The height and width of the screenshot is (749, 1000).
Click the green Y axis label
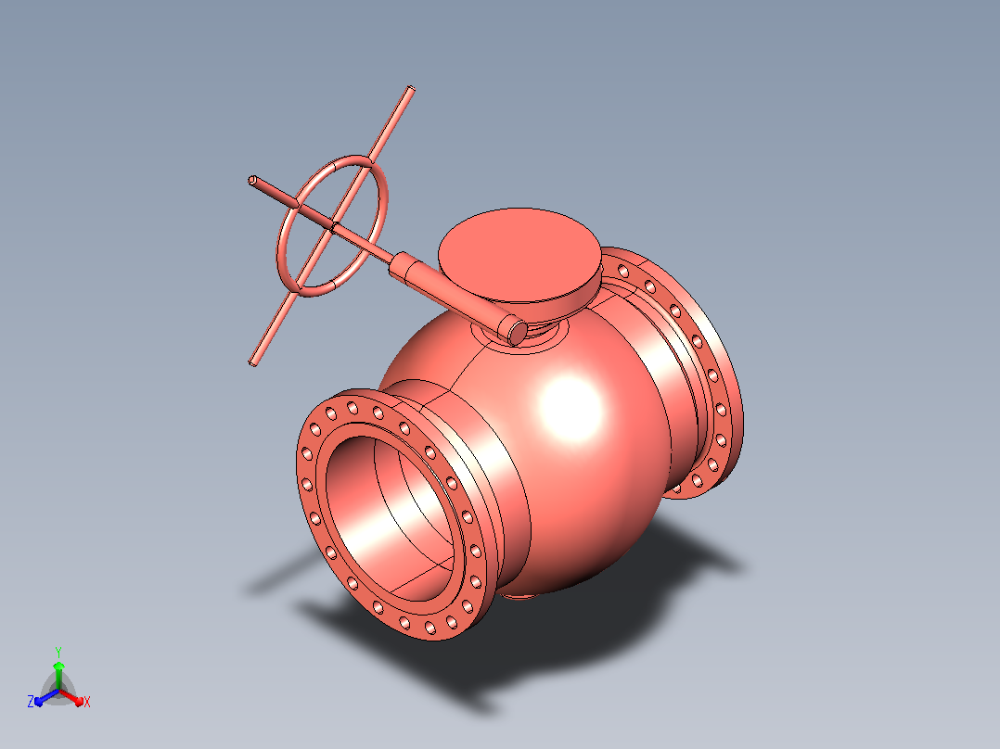[x=58, y=652]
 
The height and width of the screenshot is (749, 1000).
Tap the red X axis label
[x=87, y=702]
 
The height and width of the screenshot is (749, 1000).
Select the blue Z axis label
[x=31, y=702]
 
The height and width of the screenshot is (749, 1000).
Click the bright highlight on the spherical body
[x=571, y=408]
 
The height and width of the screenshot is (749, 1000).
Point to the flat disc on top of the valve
[x=519, y=255]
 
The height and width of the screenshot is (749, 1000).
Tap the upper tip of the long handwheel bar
[x=411, y=89]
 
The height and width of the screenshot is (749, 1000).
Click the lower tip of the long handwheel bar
[x=253, y=362]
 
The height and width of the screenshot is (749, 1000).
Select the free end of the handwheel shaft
[x=252, y=181]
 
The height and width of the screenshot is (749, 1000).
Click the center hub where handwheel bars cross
[x=332, y=225]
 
